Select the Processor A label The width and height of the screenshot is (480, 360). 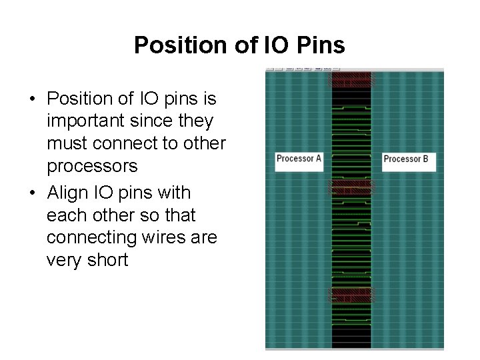point(299,159)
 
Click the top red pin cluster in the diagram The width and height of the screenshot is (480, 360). point(351,80)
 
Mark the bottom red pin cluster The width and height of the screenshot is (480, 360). point(351,296)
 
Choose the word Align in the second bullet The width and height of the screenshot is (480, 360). point(66,193)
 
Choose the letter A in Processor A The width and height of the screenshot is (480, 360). point(318,159)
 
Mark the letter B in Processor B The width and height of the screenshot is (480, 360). point(425,159)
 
